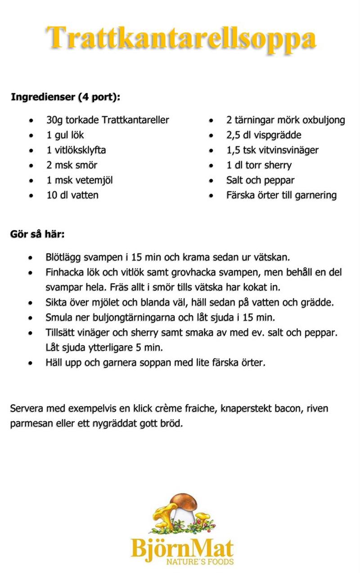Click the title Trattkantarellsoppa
181,38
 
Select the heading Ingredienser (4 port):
65,97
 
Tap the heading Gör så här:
37,235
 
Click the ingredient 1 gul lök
65,135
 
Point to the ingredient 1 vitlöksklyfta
76,150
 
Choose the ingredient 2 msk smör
72,165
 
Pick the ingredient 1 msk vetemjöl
79,180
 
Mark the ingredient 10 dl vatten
72,195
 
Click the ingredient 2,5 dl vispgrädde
264,135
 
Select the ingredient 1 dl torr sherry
259,165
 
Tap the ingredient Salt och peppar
260,180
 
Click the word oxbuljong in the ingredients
324,120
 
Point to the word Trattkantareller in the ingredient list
135,120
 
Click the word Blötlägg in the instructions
62,257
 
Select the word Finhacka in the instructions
62,272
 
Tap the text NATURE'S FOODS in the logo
200,562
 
